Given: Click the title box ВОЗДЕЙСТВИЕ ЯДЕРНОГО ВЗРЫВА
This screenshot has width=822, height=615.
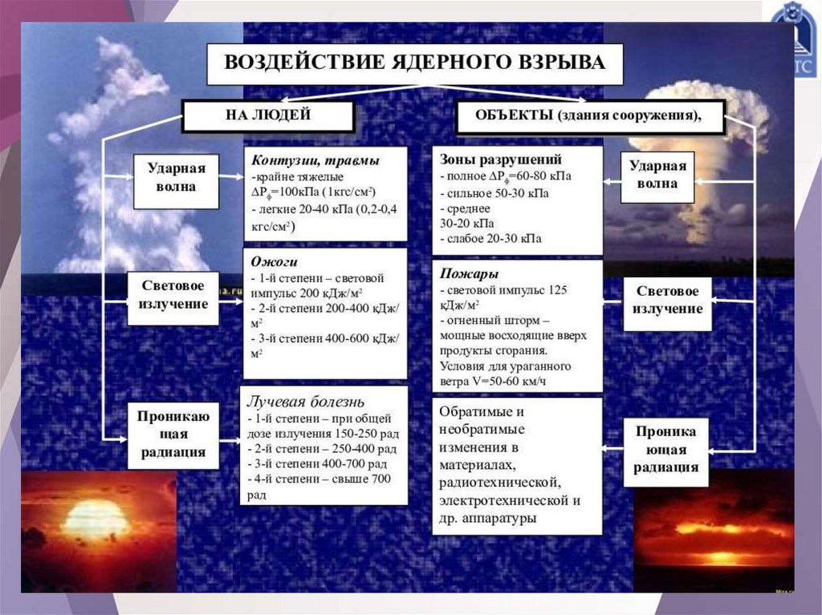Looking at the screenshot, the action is pos(414,63).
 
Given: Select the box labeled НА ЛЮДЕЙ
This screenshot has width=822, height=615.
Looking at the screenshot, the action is pos(267,116).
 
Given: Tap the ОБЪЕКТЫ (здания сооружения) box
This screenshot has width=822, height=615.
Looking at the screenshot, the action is pos(589,116).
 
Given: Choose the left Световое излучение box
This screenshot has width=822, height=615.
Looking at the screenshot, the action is pos(173,295).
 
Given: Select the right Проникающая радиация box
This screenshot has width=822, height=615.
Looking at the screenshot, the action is pos(665,450).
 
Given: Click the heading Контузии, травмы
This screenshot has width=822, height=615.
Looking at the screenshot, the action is pos(315,160).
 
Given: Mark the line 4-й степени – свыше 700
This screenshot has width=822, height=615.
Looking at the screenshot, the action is pos(319,479).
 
